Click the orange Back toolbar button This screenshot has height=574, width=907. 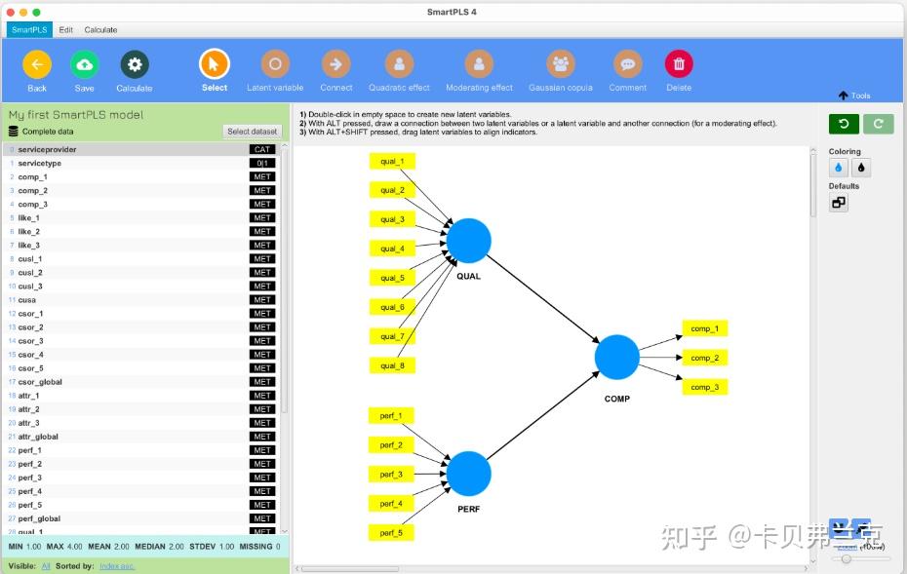point(36,65)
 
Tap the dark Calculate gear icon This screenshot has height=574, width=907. point(135,65)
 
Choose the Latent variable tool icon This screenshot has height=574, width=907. point(275,65)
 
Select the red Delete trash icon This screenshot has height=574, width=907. point(679,65)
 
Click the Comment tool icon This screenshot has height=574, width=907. point(627,65)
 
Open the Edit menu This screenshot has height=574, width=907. point(66,29)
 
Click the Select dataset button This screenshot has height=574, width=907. point(253,132)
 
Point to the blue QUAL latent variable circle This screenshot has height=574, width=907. point(469,241)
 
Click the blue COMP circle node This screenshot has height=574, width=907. point(616,358)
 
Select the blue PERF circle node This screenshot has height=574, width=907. point(469,474)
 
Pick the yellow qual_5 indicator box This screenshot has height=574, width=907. point(392,278)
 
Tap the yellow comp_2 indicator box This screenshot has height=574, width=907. point(704,358)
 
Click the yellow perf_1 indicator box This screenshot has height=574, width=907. point(391,416)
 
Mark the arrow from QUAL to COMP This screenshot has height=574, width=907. point(542,298)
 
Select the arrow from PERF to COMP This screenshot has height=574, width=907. point(542,416)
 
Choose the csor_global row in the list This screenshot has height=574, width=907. point(40,382)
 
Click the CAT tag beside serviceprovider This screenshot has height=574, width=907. point(262,149)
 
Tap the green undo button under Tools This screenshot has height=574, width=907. point(843,124)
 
